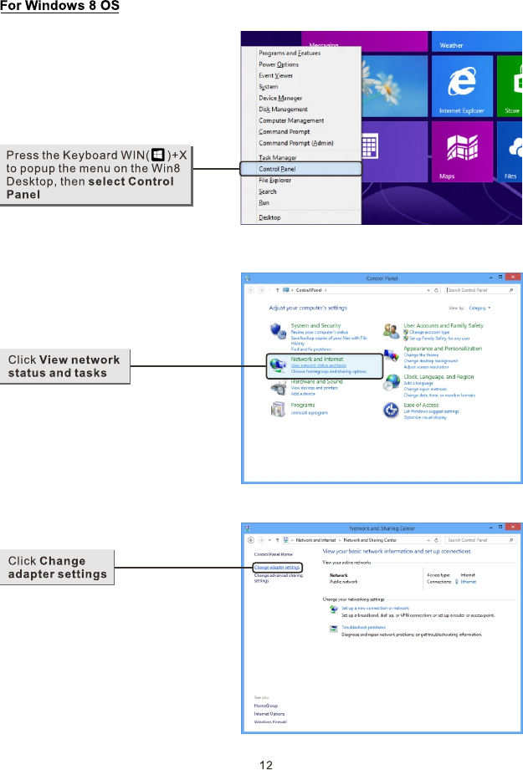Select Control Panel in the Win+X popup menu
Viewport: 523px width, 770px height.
pyautogui.click(x=276, y=169)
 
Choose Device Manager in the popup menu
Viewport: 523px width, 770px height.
pyautogui.click(x=280, y=98)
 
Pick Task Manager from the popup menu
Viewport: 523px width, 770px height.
pyautogui.click(x=277, y=157)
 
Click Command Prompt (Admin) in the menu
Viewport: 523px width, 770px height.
pyautogui.click(x=295, y=142)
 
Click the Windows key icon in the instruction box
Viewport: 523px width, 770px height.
pyautogui.click(x=157, y=156)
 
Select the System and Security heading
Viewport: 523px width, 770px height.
pyautogui.click(x=315, y=325)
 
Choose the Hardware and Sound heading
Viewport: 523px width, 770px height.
pyautogui.click(x=316, y=381)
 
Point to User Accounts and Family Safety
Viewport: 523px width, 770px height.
pyautogui.click(x=444, y=325)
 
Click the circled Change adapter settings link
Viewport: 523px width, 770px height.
pyautogui.click(x=277, y=567)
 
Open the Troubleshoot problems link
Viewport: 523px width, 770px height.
pyautogui.click(x=363, y=627)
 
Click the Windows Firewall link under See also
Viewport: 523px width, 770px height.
pyautogui.click(x=270, y=722)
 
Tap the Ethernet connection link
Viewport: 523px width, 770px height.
pyautogui.click(x=469, y=581)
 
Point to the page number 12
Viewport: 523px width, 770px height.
pyautogui.click(x=265, y=762)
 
